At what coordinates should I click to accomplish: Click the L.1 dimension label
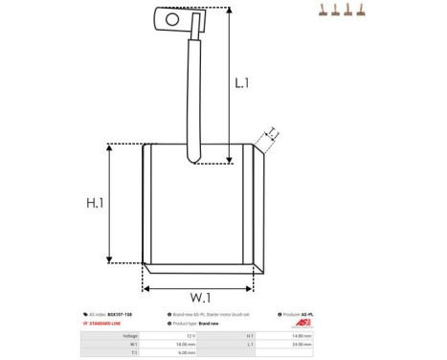(x=242, y=83)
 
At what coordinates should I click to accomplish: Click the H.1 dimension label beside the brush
(x=95, y=203)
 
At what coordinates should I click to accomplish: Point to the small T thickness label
(x=271, y=133)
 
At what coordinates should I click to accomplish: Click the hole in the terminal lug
(x=172, y=17)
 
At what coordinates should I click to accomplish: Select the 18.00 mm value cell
(x=186, y=345)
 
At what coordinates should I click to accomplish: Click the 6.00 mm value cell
(x=187, y=353)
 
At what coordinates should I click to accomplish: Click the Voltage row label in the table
(x=130, y=336)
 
